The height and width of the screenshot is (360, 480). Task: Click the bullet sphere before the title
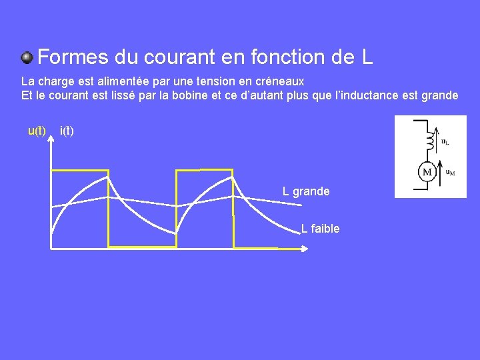[x=27, y=57]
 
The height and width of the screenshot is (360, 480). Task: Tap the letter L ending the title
[x=367, y=57]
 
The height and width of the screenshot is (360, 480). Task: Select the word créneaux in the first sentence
[x=280, y=81]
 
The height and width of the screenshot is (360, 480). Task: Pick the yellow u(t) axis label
[x=37, y=131]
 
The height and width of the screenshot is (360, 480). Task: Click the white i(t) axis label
[x=67, y=131]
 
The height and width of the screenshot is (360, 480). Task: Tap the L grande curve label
[x=306, y=191]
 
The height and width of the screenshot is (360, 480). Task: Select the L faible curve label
[x=321, y=229]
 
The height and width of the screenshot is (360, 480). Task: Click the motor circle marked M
[x=426, y=173]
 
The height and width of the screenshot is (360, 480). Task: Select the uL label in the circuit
[x=445, y=142]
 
